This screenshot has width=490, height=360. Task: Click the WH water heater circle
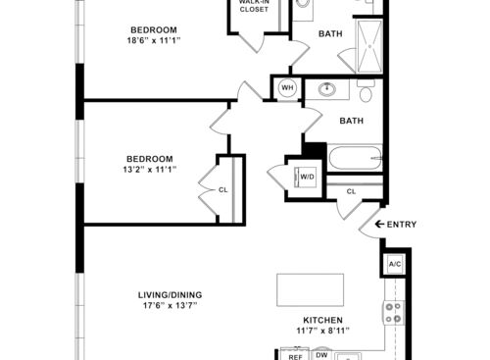coord(287,87)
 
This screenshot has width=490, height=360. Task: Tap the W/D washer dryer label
coord(307,177)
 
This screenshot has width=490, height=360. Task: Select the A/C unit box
coord(395,264)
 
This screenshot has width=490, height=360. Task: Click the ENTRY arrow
coord(379,225)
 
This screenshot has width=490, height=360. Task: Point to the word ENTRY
coord(402,225)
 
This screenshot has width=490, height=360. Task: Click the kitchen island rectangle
coord(310,290)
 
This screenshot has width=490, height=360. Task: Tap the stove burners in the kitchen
coord(393,313)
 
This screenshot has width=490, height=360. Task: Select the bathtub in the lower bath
coord(355,158)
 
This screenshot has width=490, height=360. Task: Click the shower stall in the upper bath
coord(369,46)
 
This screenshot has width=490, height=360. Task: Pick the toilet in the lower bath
coord(366,91)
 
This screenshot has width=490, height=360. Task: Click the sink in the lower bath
coord(327,88)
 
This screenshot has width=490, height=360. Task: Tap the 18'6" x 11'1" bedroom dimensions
coord(154,41)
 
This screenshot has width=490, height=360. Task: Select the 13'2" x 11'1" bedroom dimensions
coord(150,170)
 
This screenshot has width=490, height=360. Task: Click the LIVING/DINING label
coord(170,295)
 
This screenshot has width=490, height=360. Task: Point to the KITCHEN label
coord(322,320)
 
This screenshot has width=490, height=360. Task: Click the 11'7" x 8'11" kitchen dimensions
coord(322,331)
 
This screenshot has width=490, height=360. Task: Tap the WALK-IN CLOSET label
coord(254,6)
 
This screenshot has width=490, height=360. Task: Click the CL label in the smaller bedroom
coord(222,190)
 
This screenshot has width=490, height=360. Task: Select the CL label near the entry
coord(351,191)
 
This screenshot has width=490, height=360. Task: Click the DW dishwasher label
coord(321,355)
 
